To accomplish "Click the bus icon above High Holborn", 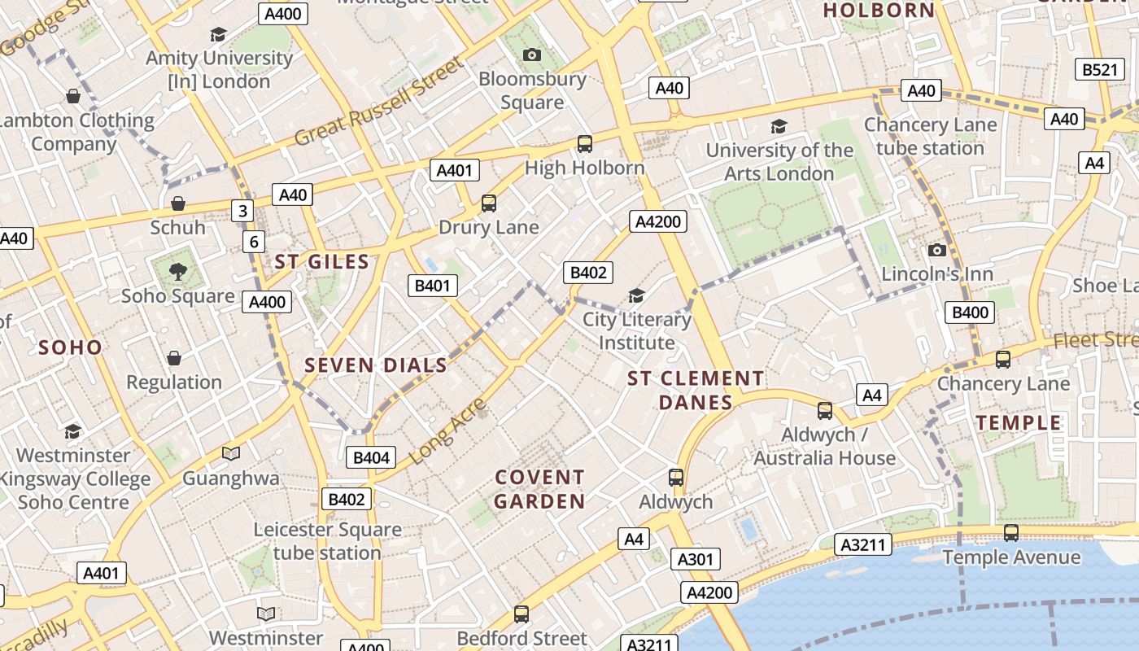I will click(584, 144).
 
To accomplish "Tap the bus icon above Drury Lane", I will click(488, 203).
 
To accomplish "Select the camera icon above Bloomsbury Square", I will click(532, 55).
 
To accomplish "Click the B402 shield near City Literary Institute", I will click(588, 273).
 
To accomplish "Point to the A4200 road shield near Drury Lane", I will click(658, 221).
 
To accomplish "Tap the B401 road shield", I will click(432, 286).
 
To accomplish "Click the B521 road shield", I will click(1099, 70).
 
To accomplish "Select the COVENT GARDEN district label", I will click(539, 489).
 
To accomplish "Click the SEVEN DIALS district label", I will click(376, 365).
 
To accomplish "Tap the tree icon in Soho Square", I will click(177, 271).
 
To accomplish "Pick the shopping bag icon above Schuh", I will click(177, 203).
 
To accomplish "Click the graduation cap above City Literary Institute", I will click(636, 295).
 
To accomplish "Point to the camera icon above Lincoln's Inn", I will click(936, 250).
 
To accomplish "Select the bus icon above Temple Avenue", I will click(1010, 533).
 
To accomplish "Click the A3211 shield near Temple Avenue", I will click(862, 544).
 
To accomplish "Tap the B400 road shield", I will click(970, 312).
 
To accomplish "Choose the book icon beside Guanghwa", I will click(231, 453).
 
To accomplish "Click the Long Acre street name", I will click(447, 432).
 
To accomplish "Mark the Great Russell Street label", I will click(378, 101).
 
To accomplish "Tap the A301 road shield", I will click(696, 559).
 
